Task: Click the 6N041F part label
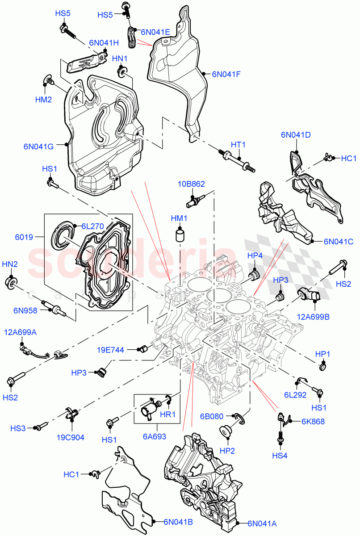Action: (x=226, y=75)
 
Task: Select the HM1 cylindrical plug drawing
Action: (x=180, y=235)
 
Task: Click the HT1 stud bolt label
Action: (x=239, y=145)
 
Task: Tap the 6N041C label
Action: (x=339, y=242)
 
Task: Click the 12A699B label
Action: (x=313, y=317)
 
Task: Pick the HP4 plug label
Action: (x=255, y=255)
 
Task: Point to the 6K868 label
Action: (x=313, y=421)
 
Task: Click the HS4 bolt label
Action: (x=280, y=456)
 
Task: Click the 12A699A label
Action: (x=21, y=332)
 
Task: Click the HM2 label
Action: (x=44, y=100)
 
